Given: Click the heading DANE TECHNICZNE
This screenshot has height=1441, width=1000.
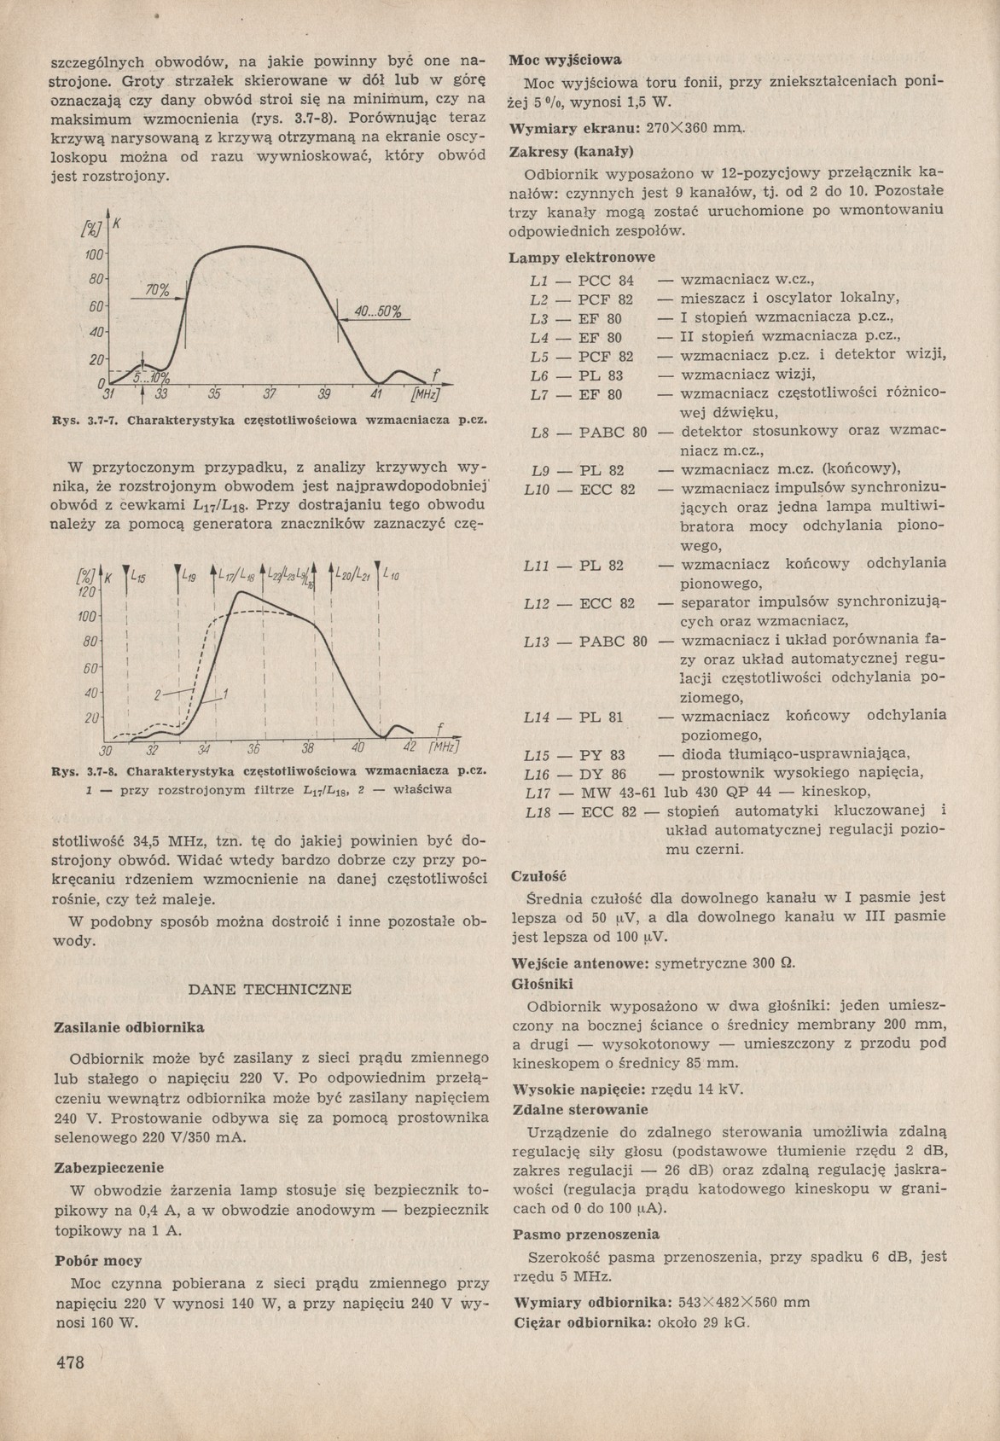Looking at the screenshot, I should tap(269, 989).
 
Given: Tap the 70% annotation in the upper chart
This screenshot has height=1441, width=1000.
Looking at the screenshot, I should tap(156, 291).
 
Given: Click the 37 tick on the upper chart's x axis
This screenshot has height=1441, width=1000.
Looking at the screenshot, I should tap(270, 395).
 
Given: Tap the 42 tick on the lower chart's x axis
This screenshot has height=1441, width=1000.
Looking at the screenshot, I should tap(408, 748).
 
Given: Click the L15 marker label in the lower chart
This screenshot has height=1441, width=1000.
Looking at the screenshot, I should tap(138, 578).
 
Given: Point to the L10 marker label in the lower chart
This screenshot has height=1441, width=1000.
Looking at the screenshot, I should tap(392, 575).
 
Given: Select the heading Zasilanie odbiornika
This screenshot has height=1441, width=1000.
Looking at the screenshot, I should tap(129, 1026).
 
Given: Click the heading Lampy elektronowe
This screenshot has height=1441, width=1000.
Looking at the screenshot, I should tap(582, 257).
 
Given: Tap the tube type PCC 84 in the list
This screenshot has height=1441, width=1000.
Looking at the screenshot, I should tap(607, 280).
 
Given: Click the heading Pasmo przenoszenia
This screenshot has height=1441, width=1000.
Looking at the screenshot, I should tap(585, 1234).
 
